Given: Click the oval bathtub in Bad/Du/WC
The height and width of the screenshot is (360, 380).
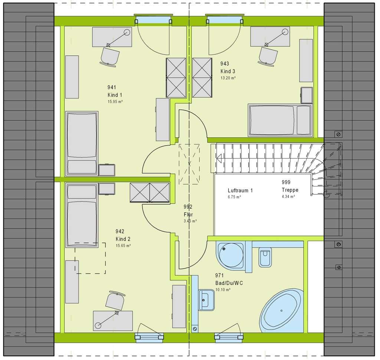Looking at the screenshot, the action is [282, 310].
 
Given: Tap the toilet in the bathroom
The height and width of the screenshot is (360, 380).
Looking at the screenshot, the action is [265, 257].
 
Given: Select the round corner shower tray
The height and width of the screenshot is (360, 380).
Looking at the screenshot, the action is [230, 255].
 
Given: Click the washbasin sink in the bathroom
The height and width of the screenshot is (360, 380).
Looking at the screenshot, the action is [206, 300].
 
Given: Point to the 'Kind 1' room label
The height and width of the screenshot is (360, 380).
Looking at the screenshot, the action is [115, 95].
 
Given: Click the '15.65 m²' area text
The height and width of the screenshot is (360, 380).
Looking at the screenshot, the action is [123, 246].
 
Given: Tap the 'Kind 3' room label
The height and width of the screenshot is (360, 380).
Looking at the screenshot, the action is [227, 71].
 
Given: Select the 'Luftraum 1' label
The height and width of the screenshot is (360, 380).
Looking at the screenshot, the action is [240, 191].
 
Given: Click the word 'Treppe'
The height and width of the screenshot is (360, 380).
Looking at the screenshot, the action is [290, 190].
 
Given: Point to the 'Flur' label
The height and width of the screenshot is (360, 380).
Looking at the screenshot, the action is [188, 214].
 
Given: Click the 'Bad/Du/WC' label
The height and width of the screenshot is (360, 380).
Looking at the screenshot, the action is [229, 283].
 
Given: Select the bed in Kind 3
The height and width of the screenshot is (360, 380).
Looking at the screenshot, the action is [280, 120].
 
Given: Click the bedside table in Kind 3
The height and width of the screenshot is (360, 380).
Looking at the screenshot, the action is [307, 95].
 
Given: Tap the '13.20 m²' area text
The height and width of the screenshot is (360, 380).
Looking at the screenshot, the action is [228, 78].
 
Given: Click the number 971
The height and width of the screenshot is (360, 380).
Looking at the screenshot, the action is [219, 275].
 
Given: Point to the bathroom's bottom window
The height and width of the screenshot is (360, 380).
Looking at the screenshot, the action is [229, 337].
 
